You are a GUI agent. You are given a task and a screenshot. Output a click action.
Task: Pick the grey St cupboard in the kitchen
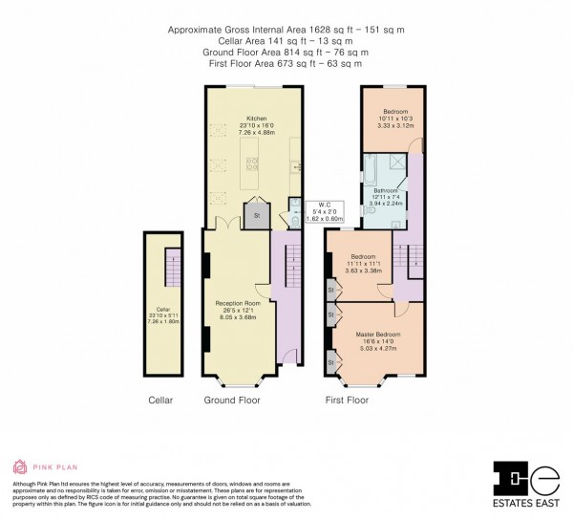click(253, 216)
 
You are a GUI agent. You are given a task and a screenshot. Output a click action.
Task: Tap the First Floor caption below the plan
click(347, 400)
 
